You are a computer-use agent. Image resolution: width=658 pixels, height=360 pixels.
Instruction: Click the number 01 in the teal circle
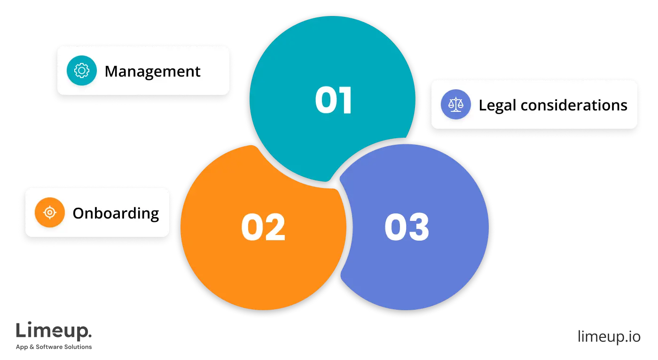(333, 101)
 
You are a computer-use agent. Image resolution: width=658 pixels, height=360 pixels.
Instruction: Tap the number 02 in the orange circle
(263, 227)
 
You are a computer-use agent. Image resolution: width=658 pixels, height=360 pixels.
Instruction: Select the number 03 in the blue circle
(407, 227)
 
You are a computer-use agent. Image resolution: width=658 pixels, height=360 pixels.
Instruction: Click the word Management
(152, 71)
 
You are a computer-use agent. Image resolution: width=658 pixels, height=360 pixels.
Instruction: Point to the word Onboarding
(116, 213)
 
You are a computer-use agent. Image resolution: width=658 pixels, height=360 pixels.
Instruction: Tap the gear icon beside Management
(82, 71)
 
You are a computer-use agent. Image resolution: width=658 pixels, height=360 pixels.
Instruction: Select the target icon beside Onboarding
(50, 213)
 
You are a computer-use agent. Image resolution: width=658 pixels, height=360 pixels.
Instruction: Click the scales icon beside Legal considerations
(455, 104)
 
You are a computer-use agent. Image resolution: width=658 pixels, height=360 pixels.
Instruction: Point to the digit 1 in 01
(345, 101)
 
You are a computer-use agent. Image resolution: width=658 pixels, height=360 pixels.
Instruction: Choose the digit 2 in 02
(275, 227)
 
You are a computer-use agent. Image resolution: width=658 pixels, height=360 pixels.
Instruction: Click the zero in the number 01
(325, 101)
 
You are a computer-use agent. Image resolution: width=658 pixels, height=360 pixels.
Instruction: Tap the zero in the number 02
(251, 227)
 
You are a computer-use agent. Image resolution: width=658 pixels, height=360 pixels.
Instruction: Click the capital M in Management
(111, 71)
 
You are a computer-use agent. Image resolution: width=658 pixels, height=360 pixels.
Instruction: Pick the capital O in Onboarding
(78, 213)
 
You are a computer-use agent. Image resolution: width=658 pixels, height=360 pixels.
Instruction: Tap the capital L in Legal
(482, 105)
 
